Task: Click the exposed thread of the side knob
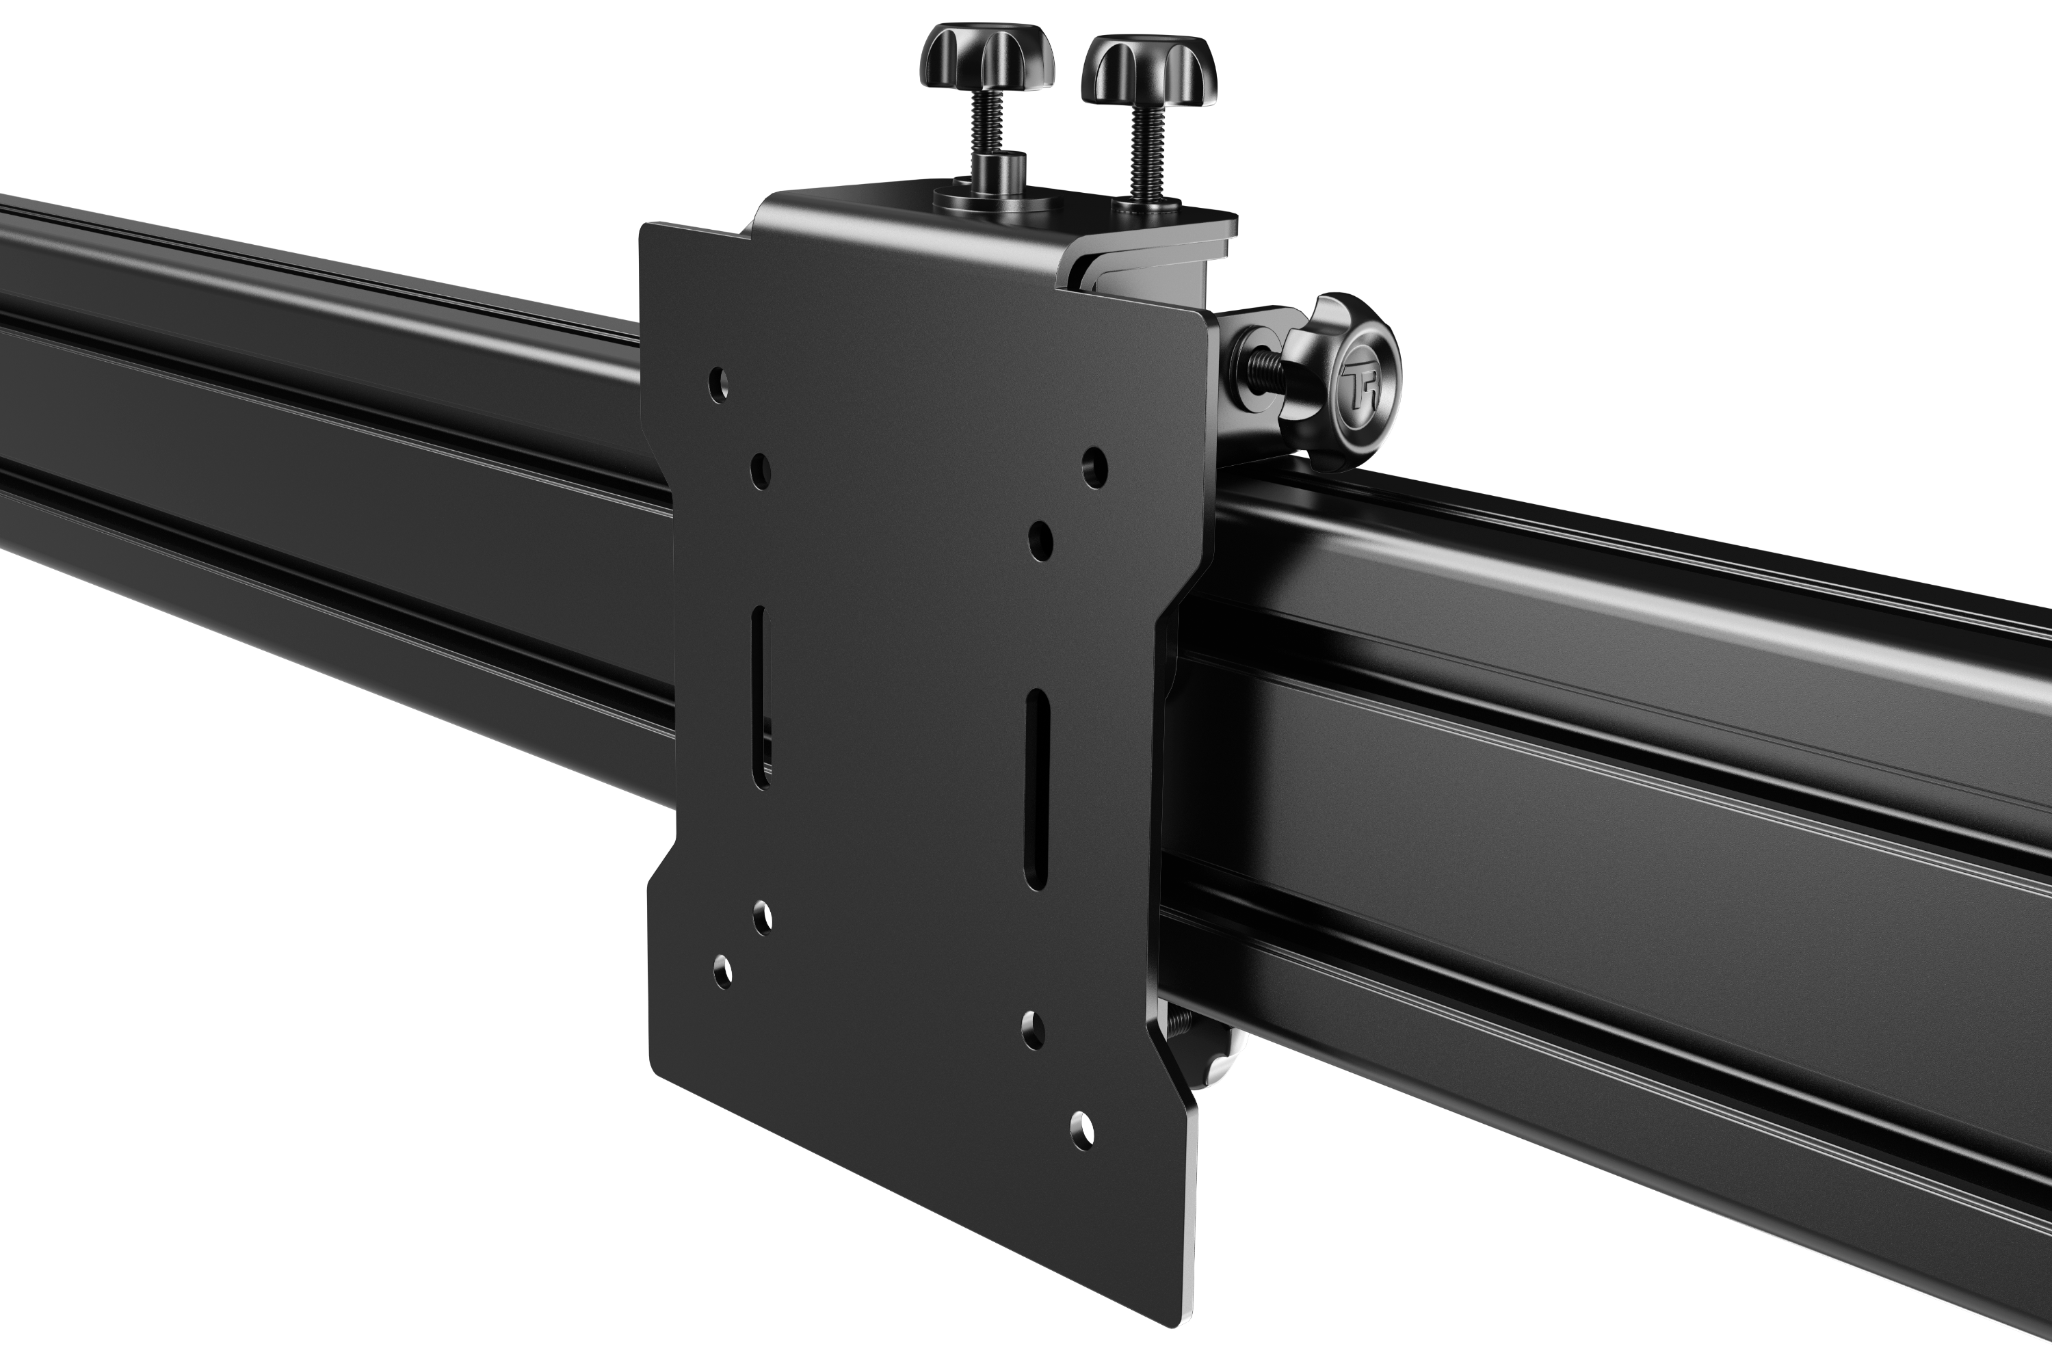pos(1265,367)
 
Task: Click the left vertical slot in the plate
pos(761,697)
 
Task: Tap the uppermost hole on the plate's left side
pos(719,383)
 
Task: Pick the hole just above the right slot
pos(1040,541)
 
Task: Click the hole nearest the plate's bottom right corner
pos(1082,1131)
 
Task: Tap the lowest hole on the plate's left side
pos(722,971)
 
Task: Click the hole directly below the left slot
pos(762,918)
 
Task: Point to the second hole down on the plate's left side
pos(761,471)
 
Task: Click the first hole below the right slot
pos(1033,1030)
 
